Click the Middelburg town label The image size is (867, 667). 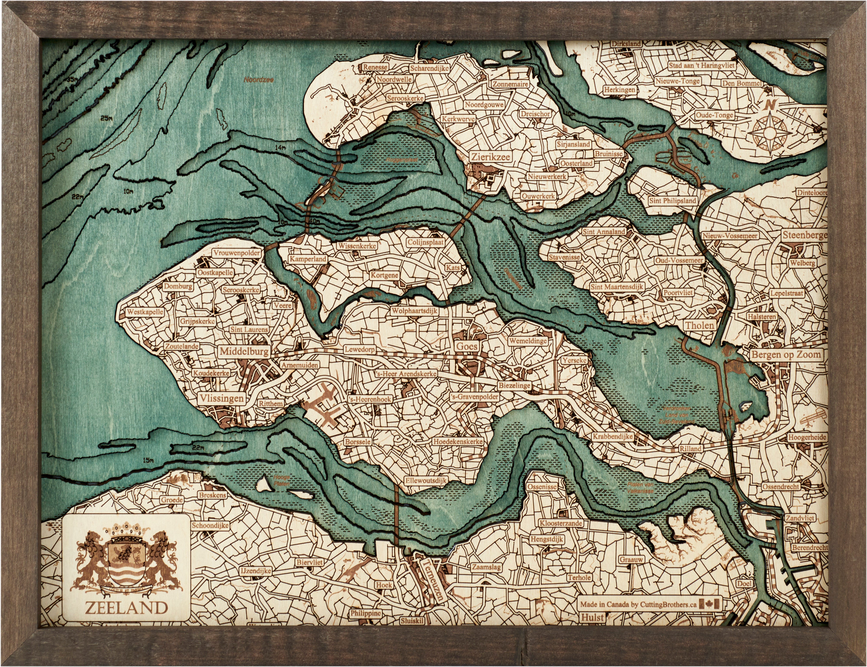click(244, 351)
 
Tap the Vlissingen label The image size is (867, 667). click(222, 398)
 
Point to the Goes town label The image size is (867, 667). click(467, 346)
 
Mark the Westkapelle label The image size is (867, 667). click(145, 312)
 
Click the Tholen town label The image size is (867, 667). click(699, 325)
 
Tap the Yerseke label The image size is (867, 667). click(574, 360)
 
